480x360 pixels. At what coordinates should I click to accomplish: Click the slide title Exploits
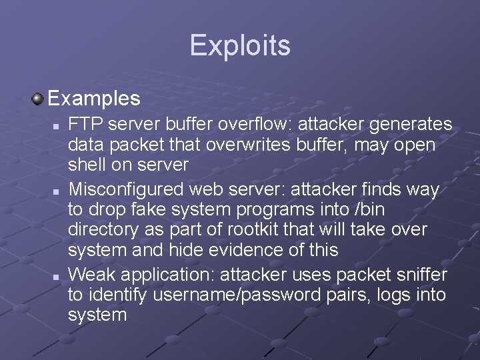(x=240, y=45)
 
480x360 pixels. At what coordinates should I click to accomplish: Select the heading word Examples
(x=94, y=99)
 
